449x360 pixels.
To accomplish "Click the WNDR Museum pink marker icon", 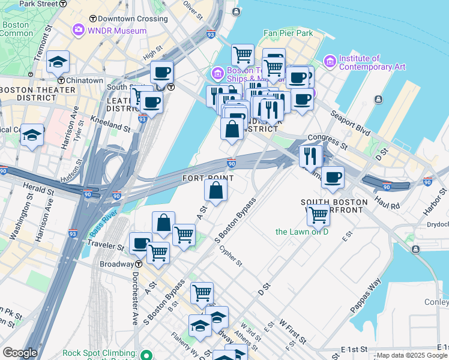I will pyautogui.click(x=79, y=30).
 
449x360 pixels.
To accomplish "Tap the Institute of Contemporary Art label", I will pyautogui.click(x=367, y=62).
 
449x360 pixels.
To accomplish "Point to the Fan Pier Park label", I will pyautogui.click(x=288, y=34).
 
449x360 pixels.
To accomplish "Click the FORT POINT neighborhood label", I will pyautogui.click(x=208, y=178).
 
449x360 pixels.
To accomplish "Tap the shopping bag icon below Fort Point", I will pyautogui.click(x=215, y=190).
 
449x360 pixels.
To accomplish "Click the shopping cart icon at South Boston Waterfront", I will pyautogui.click(x=318, y=214).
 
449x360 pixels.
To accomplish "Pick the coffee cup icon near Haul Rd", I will pyautogui.click(x=333, y=177).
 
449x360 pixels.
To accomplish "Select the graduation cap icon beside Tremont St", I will pyautogui.click(x=58, y=61).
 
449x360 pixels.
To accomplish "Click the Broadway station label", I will pyautogui.click(x=116, y=264).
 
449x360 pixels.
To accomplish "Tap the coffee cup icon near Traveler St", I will pyautogui.click(x=141, y=244).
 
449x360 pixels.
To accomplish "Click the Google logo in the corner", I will pyautogui.click(x=20, y=353).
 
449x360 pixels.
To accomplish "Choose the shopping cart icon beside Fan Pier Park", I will pyautogui.click(x=243, y=55).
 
